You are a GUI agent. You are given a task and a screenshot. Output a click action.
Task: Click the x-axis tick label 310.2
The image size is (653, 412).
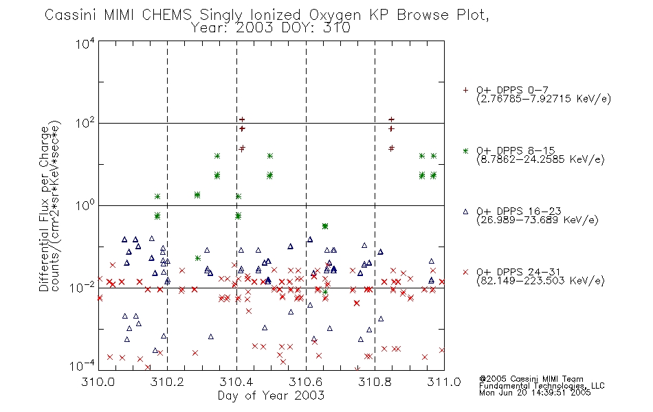(167, 382)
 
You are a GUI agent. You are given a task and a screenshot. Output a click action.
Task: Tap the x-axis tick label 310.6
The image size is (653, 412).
(306, 382)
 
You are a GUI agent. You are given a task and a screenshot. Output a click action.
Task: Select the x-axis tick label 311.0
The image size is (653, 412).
(444, 382)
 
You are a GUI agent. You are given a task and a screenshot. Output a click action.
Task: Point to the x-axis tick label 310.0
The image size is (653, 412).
(98, 382)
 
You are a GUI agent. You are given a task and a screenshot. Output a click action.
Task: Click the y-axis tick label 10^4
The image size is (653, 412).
(85, 43)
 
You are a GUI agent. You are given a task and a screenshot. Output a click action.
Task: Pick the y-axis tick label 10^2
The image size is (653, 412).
(85, 124)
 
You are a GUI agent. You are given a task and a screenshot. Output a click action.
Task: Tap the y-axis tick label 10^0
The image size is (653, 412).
(85, 205)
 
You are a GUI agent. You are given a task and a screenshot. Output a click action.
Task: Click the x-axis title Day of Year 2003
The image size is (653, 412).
(271, 396)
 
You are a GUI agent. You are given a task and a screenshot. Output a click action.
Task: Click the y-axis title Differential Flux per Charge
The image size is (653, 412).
(45, 209)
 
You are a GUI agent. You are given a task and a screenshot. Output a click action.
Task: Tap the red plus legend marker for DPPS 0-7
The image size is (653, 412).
(465, 90)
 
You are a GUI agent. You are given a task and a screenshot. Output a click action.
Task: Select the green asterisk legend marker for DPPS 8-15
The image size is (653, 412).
(465, 150)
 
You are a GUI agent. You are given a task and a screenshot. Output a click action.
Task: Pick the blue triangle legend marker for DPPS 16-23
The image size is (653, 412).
(465, 211)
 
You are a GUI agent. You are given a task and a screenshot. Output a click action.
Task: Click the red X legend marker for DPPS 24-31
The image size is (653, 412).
(465, 272)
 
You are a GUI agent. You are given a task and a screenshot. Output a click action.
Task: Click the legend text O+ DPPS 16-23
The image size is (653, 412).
(519, 211)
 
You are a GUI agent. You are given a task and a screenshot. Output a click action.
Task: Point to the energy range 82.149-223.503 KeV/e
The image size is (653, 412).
(540, 281)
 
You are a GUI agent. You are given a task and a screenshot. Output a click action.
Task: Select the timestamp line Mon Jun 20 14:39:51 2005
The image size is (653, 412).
(535, 393)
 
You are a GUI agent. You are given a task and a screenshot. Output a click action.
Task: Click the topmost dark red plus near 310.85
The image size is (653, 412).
(391, 119)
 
